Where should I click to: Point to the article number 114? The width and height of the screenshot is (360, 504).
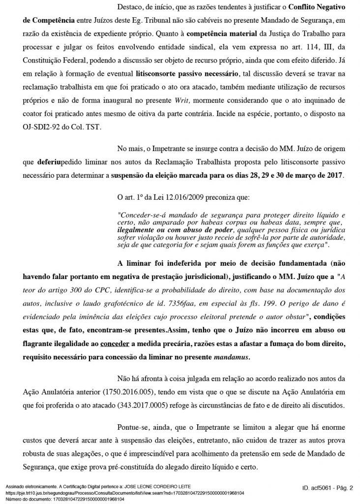click(302, 47)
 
